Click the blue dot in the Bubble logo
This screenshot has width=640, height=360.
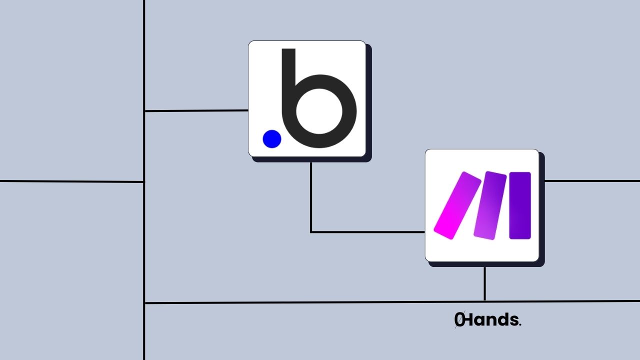tap(272, 138)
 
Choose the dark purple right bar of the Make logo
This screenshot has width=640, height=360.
tap(519, 205)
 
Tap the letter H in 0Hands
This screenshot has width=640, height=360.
tap(470, 320)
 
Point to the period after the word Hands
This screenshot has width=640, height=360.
tap(520, 324)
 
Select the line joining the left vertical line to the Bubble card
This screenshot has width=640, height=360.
tap(196, 110)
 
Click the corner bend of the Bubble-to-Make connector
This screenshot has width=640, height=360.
tap(311, 232)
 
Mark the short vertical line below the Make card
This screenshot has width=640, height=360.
tap(484, 283)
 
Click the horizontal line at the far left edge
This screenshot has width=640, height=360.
tap(70, 181)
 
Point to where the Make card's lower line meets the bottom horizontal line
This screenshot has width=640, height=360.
tap(484, 301)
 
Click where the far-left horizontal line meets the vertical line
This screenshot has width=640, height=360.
tap(144, 181)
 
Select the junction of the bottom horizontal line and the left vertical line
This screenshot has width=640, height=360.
tap(144, 303)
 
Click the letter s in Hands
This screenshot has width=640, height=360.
tap(513, 320)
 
